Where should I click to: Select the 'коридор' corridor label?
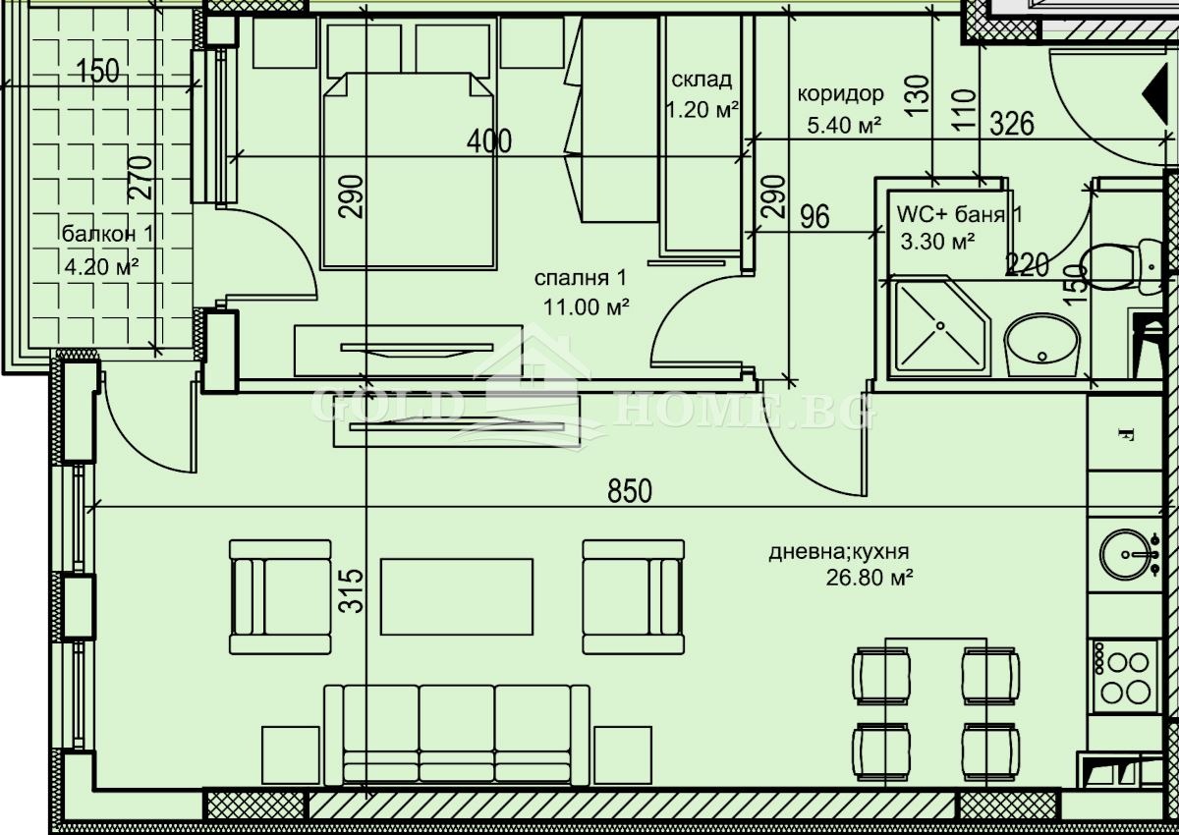click(x=840, y=94)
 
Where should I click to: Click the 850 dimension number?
click(x=630, y=491)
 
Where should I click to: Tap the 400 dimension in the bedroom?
click(x=488, y=141)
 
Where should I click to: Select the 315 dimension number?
click(x=355, y=590)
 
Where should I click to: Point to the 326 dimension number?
click(x=1012, y=125)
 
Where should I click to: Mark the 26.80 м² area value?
click(x=870, y=579)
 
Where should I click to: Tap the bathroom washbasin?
click(x=1041, y=345)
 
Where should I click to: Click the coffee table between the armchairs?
click(x=457, y=596)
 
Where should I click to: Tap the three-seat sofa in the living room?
click(x=457, y=735)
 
